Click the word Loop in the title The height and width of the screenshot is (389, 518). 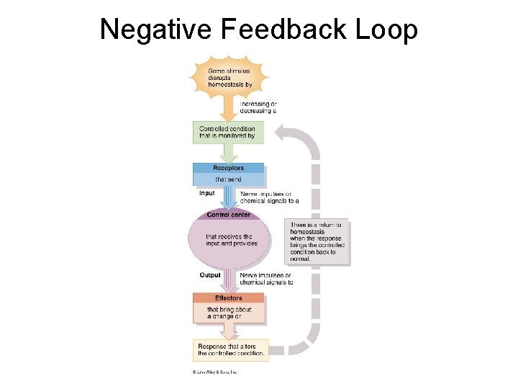click(388, 30)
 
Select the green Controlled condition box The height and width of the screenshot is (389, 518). click(227, 133)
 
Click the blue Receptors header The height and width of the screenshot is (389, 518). click(228, 168)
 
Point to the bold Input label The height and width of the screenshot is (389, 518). click(206, 193)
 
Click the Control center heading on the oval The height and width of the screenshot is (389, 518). click(228, 215)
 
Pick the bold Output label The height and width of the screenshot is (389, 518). click(210, 275)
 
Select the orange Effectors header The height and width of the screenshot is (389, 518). click(228, 298)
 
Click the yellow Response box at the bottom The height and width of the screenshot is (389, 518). click(231, 350)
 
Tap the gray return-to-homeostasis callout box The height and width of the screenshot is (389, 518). click(317, 242)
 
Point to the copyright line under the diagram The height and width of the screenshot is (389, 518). click(214, 372)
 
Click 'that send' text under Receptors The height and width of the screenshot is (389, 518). click(228, 179)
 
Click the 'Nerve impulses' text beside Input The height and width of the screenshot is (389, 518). click(265, 197)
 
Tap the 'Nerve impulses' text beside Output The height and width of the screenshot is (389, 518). click(265, 279)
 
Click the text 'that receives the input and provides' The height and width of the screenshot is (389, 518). click(231, 240)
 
